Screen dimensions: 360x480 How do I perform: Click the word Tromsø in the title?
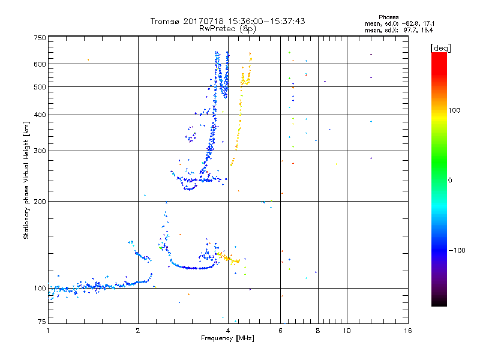167,21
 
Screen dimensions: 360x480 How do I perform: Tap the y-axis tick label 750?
40,38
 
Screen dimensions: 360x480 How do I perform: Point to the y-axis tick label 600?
40,64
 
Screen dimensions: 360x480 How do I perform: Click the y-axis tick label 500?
40,87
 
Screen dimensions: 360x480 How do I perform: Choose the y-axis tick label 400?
40,115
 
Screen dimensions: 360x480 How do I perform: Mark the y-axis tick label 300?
40,151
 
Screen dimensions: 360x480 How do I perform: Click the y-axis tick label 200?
40,202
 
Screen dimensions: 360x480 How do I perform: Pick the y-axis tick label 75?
41,322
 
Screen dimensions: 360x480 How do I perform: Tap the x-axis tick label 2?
138,330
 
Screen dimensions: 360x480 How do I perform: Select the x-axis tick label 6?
280,330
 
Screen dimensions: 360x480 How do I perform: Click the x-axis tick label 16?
407,330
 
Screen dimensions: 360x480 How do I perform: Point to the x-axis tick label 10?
347,330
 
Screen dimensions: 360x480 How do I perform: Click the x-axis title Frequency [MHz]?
228,339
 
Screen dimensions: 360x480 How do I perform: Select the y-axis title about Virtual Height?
27,180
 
